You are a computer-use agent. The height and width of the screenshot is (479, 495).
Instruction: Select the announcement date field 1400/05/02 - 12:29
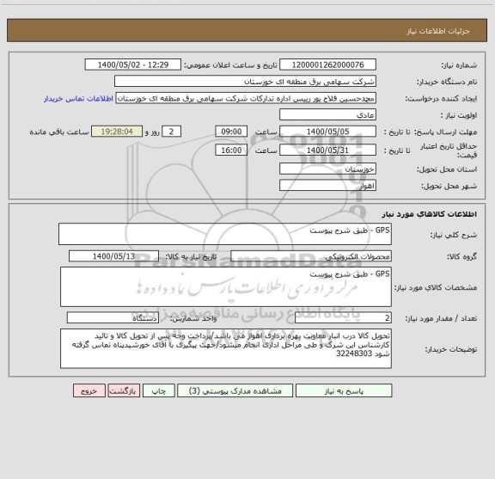(x=134, y=65)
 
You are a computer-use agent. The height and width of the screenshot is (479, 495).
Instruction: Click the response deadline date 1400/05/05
(x=328, y=132)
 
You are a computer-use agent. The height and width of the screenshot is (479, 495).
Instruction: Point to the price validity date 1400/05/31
(x=328, y=150)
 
